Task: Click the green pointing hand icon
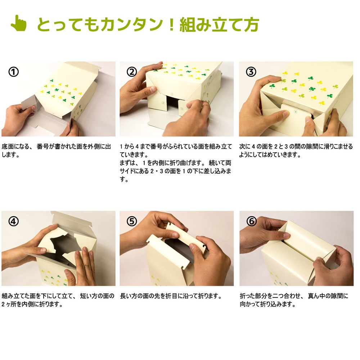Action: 19,23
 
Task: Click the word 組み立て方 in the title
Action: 219,24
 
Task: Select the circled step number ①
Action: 14,72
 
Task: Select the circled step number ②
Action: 132,72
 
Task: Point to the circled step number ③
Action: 251,72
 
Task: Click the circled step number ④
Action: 14,221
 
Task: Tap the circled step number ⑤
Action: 132,221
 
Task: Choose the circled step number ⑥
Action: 251,221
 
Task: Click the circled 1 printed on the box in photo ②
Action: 172,94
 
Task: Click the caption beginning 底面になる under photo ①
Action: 56,150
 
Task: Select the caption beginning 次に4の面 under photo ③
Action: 296,150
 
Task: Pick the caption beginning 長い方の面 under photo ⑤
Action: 171,296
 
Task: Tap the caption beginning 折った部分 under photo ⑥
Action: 294,300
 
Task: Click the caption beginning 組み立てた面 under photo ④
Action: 58,300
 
